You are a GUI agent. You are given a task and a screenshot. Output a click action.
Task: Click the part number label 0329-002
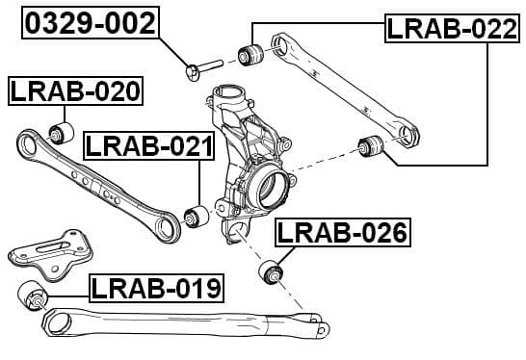point(91,23)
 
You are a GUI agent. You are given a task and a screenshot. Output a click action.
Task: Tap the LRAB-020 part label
point(75,91)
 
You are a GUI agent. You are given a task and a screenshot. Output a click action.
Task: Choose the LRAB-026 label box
point(342,232)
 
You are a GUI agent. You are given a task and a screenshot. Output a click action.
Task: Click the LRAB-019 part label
point(156,287)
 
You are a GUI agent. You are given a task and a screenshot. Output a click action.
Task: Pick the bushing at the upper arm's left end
point(253,52)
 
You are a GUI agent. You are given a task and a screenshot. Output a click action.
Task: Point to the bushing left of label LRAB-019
point(32,296)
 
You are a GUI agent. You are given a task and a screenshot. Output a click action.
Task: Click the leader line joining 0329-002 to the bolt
point(173,47)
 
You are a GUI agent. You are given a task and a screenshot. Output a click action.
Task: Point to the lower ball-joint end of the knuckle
point(236,232)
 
